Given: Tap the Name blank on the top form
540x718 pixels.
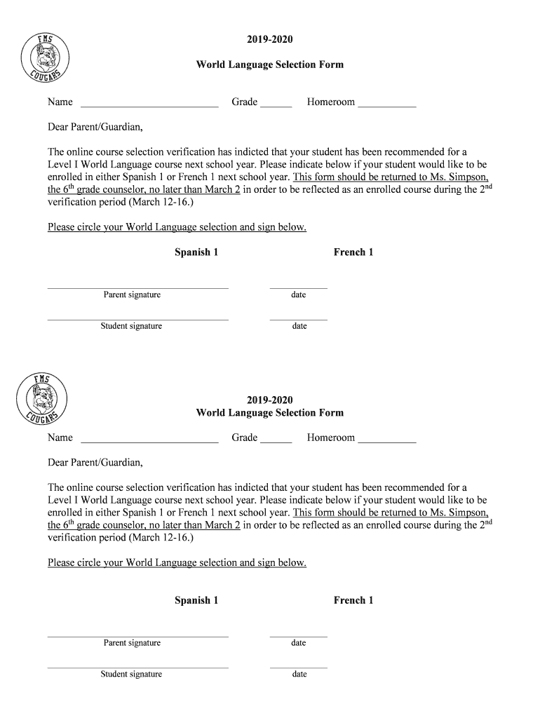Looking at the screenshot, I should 149,103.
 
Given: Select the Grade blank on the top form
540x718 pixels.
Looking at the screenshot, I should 276,103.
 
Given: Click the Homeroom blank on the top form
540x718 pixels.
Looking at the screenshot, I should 386,103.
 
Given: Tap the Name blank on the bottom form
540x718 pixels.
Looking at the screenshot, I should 149,439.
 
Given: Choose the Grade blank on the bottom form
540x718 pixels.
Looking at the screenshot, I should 276,439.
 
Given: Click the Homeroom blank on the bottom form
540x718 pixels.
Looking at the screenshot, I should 386,439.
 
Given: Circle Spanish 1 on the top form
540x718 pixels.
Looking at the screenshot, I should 196,252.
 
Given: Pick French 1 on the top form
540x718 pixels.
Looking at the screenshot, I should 353,252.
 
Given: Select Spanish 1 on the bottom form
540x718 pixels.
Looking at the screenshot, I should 196,600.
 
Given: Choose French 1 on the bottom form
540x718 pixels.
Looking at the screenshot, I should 353,600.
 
